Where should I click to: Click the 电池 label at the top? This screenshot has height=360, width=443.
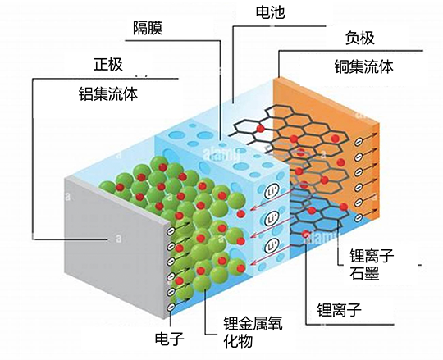271,12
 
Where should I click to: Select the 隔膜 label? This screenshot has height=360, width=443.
148,28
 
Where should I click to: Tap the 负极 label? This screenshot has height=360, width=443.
360,38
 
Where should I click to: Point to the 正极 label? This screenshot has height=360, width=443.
108,65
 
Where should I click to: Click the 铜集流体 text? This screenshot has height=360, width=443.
364,67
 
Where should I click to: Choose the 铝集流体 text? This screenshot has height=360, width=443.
108,93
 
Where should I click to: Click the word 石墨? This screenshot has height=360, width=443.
364,273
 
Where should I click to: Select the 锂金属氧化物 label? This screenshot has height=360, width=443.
253,332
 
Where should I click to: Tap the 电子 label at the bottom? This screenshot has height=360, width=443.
170,338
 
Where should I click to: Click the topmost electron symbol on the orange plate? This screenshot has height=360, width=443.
359,143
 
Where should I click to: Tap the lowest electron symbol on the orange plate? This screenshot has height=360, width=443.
359,217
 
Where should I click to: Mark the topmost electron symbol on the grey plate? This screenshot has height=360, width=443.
171,231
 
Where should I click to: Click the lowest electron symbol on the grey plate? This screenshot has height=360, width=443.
171,307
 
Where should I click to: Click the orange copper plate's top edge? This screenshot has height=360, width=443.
326,99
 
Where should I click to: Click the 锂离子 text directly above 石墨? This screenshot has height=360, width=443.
372,255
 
